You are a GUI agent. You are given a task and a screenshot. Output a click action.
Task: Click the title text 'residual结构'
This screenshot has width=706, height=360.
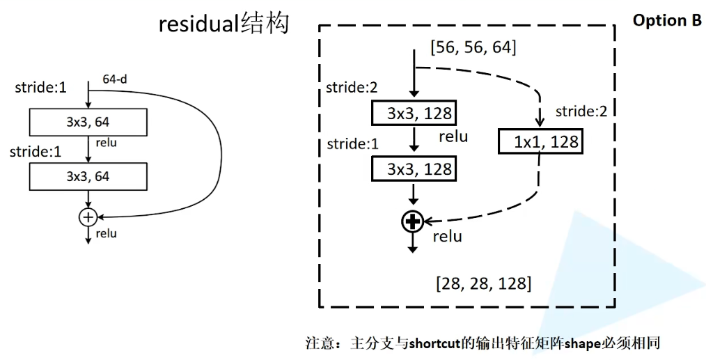coord(223,24)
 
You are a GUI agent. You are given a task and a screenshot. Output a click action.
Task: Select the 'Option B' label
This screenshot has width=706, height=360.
coord(667,20)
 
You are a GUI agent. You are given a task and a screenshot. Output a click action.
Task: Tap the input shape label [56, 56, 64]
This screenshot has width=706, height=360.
coord(473,47)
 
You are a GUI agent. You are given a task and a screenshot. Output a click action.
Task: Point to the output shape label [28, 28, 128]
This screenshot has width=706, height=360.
coord(484,283)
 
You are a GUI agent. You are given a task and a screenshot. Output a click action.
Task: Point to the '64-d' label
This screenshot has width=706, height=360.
coord(115,79)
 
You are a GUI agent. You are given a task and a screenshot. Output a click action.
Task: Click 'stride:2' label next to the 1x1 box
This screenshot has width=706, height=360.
coord(581,111)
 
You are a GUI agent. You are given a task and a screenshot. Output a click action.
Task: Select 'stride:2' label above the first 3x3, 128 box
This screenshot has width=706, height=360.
coord(352,88)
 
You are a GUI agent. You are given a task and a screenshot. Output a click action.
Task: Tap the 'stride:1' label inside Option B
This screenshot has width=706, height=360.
coord(352,143)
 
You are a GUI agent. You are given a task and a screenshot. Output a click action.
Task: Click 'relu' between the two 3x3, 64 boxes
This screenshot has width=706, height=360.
coord(107,143)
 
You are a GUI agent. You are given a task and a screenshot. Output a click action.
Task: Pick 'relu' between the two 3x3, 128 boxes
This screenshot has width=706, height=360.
coord(453,136)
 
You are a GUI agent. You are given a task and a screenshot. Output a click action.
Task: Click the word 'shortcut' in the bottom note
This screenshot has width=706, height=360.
coord(434,344)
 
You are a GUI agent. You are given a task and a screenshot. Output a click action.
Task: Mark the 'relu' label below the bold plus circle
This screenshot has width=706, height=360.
coord(448,237)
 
